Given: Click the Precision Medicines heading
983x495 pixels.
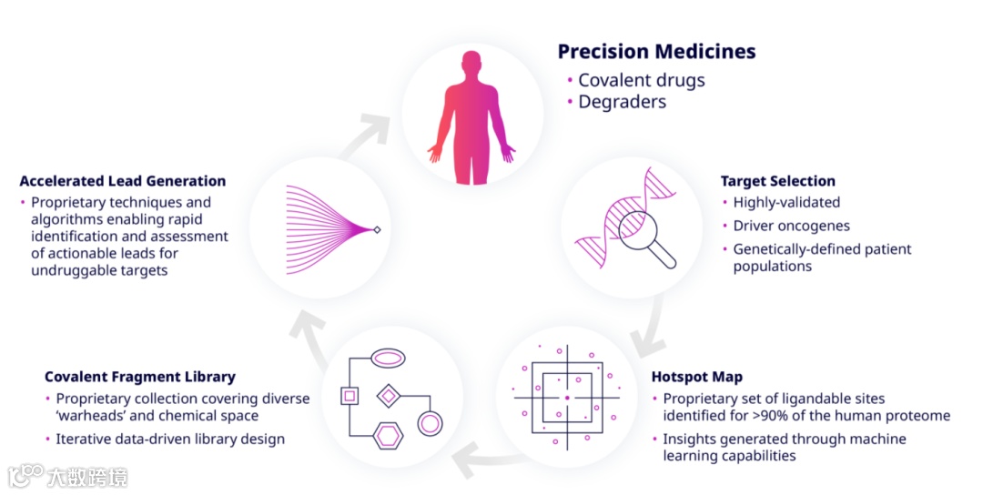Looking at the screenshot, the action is (x=656, y=52).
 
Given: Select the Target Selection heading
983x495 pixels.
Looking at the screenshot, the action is (x=777, y=181).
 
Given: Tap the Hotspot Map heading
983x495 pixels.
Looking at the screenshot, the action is (x=696, y=376).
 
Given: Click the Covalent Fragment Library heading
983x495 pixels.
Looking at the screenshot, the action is (x=139, y=377).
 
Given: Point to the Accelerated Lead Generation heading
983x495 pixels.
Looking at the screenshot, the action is (x=122, y=181).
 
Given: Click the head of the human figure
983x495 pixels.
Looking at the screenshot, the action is (x=471, y=65).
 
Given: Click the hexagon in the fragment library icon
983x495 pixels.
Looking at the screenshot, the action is (x=388, y=436).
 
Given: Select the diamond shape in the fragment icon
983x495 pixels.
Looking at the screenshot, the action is (x=389, y=396).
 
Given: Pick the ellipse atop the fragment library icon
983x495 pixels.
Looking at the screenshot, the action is (x=389, y=358).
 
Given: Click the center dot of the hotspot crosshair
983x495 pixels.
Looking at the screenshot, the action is (x=566, y=398).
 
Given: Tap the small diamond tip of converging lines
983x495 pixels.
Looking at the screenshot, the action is (x=378, y=229).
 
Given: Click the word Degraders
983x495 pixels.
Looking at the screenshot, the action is (x=622, y=102).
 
